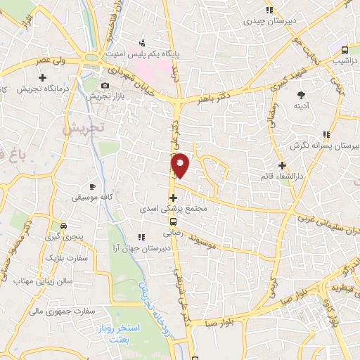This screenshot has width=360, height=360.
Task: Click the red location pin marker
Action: click(x=181, y=165)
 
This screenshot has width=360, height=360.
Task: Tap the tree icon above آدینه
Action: click(x=302, y=94)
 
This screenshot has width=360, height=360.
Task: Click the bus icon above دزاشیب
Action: click(x=345, y=50)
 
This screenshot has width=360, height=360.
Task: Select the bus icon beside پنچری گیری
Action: click(x=64, y=226)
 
